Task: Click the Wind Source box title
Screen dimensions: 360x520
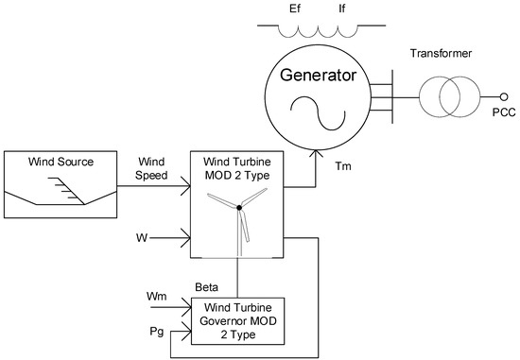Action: (61, 162)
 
